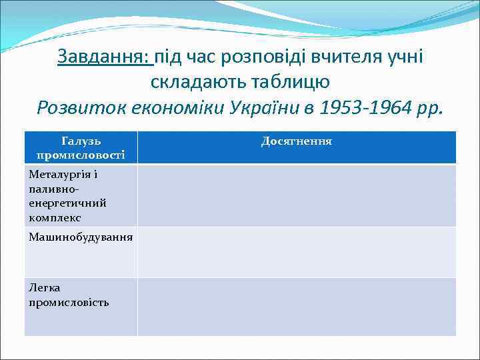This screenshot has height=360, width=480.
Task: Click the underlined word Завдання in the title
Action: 103,57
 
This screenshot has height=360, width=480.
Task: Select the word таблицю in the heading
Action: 288,81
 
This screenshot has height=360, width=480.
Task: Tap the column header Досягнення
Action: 297,141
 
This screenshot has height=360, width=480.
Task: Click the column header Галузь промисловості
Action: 81,147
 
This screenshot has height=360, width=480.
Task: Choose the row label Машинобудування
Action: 81,237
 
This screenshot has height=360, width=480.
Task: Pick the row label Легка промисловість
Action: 69,295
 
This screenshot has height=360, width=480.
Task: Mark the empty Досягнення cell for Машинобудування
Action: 297,252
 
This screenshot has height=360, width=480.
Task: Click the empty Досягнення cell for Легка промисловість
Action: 297,307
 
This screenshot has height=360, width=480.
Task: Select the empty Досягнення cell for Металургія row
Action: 297,195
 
